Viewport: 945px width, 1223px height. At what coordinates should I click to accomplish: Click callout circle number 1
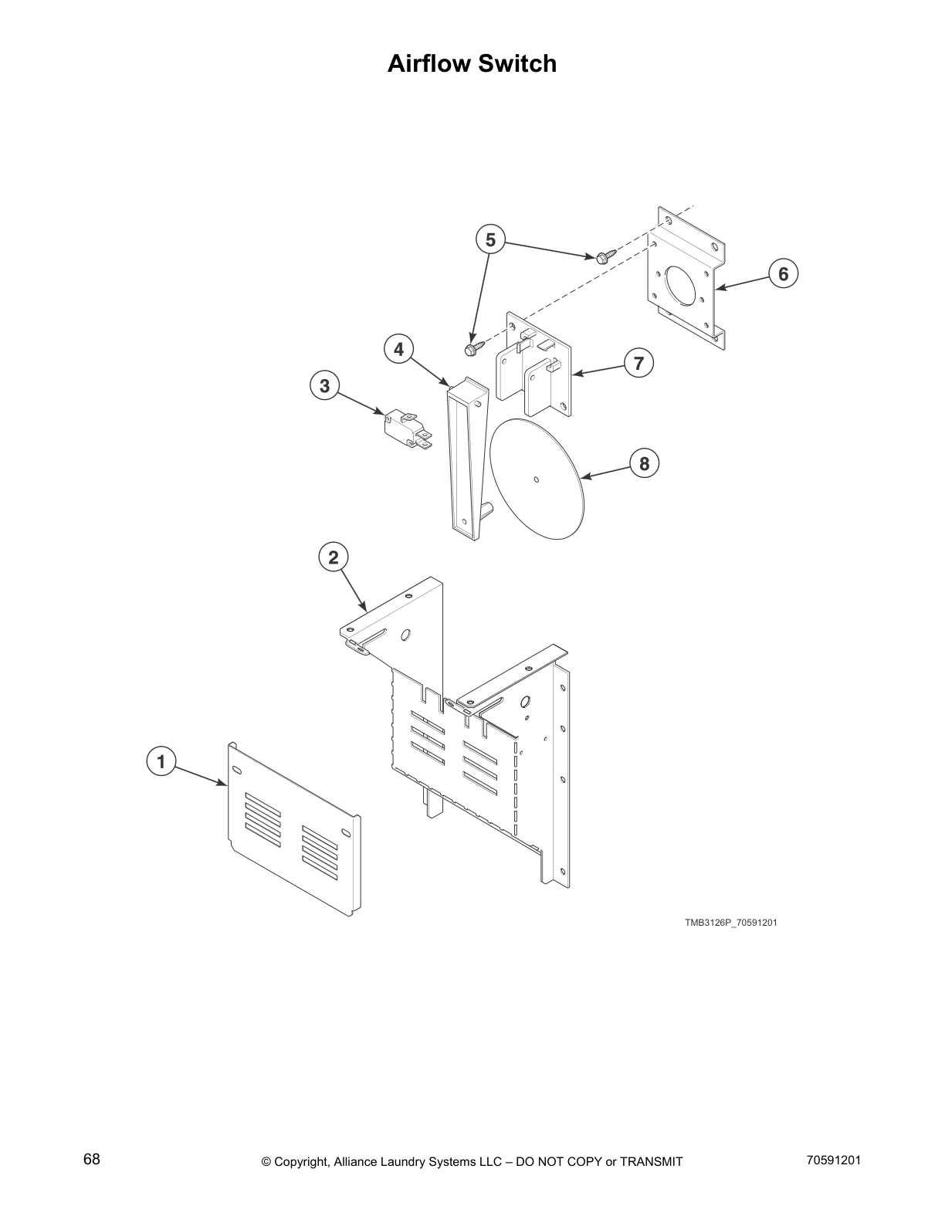pyautogui.click(x=161, y=762)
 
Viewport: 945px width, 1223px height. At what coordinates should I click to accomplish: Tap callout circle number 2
pyautogui.click(x=334, y=557)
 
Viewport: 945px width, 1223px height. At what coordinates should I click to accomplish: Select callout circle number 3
pyautogui.click(x=324, y=385)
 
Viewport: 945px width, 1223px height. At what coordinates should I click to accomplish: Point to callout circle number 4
pyautogui.click(x=398, y=350)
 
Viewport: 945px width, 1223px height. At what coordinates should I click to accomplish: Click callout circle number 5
pyautogui.click(x=490, y=240)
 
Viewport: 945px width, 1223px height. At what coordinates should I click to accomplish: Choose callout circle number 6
pyautogui.click(x=783, y=273)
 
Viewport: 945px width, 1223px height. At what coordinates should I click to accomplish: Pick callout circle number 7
pyautogui.click(x=638, y=363)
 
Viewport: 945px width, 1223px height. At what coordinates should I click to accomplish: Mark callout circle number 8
pyautogui.click(x=645, y=463)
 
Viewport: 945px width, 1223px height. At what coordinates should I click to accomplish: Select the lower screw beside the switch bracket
pyautogui.click(x=473, y=348)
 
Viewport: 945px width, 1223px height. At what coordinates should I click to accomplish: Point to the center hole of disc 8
pyautogui.click(x=537, y=479)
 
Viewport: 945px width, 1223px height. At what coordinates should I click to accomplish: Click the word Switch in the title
pyautogui.click(x=517, y=63)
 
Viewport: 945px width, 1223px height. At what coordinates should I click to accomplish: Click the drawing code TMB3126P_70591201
pyautogui.click(x=730, y=922)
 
